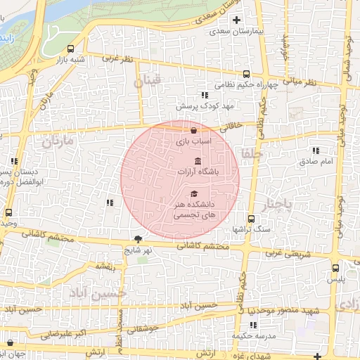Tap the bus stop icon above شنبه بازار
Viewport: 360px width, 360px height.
(70, 49)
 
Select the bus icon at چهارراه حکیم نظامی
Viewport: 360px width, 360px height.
(245, 75)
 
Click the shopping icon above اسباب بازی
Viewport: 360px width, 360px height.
(193, 130)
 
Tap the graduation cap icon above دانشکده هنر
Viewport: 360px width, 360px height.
(194, 193)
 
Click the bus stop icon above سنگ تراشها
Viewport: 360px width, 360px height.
(251, 219)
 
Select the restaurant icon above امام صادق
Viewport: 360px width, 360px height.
(315, 150)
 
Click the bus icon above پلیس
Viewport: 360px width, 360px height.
(335, 266)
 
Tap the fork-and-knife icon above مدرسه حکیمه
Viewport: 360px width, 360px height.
(253, 324)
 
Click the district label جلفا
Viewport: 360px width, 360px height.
(251, 152)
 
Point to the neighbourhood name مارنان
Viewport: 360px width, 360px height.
(57, 141)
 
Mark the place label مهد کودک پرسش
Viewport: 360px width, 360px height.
(198, 105)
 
